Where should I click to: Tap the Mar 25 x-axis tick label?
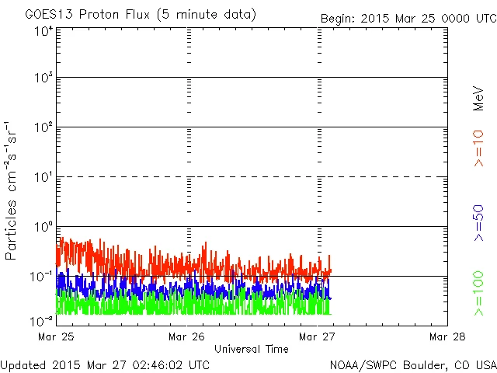57,336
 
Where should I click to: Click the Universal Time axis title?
252,349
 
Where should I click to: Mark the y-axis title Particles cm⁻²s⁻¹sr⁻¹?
12,190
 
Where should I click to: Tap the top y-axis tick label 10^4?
43,32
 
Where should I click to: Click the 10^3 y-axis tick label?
43,78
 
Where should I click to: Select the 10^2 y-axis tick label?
43,127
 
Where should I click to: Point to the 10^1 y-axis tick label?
43,177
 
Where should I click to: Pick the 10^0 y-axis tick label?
43,227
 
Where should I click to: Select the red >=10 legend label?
478,148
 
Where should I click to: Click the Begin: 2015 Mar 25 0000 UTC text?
408,18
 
